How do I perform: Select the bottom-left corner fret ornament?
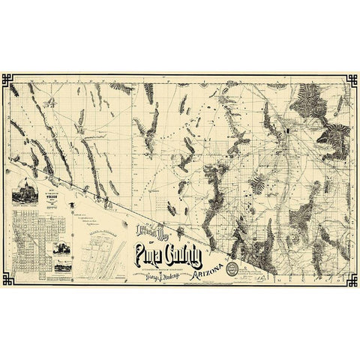click(x=8, y=280)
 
